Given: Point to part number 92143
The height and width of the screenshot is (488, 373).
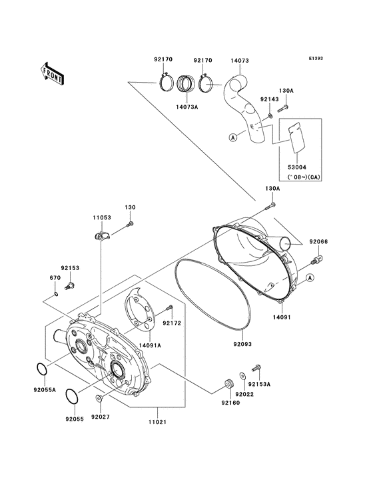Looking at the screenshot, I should click(268, 99).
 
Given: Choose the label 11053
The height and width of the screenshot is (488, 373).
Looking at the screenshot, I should click(101, 217).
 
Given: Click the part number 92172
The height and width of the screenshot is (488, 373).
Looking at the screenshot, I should click(173, 323).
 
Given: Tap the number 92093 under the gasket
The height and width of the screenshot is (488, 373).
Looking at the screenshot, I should click(242, 345).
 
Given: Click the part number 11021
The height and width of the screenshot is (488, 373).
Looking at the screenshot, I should click(157, 423).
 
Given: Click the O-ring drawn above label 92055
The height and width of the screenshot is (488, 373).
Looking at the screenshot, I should click(74, 397).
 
